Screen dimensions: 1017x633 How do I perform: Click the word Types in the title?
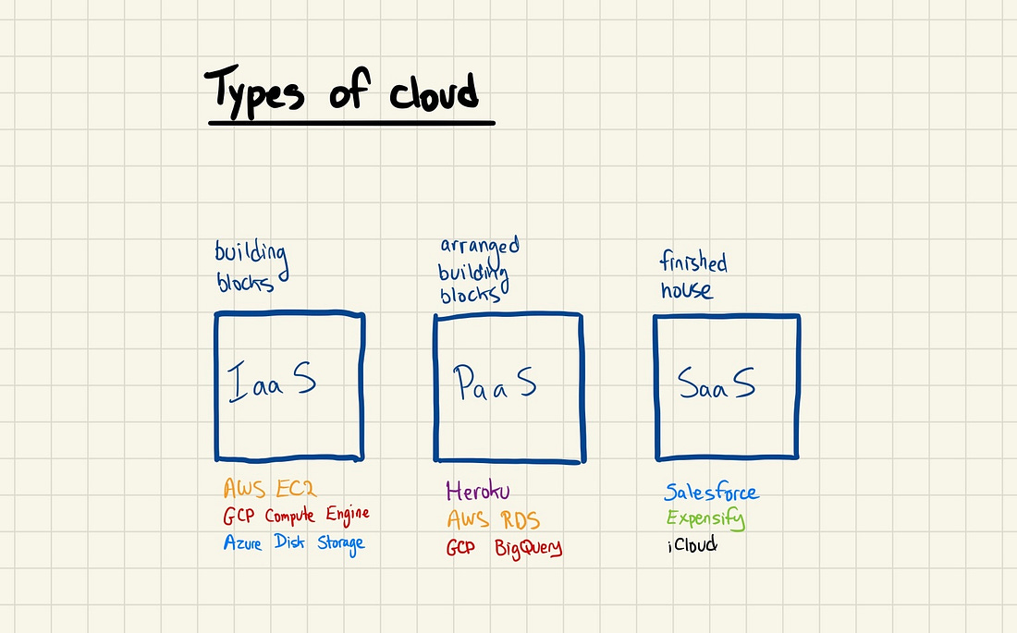point(254,92)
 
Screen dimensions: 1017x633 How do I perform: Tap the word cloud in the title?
point(434,93)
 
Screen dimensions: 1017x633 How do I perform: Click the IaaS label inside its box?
point(272,382)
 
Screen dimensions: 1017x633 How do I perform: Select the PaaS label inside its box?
point(495,382)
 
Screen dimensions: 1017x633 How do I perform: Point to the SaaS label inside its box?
point(716,383)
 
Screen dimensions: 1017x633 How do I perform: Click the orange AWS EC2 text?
point(270,488)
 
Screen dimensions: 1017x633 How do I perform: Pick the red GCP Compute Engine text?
point(297,516)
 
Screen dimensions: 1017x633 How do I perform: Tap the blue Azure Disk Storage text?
point(294,543)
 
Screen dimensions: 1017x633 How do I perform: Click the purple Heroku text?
point(477,491)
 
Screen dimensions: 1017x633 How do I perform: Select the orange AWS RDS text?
point(493,519)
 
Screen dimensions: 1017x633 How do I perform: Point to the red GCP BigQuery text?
point(504,548)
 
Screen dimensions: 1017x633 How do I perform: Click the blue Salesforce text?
point(712,492)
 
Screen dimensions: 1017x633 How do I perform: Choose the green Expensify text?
point(705,518)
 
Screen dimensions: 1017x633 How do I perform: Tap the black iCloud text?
point(692,545)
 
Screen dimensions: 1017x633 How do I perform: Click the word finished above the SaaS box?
point(693,262)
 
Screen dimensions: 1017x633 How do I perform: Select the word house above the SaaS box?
point(687,290)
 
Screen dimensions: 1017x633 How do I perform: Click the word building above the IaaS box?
point(251,255)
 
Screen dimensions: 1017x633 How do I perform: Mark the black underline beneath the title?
point(351,122)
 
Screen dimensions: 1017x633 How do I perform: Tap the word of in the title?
point(349,90)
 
